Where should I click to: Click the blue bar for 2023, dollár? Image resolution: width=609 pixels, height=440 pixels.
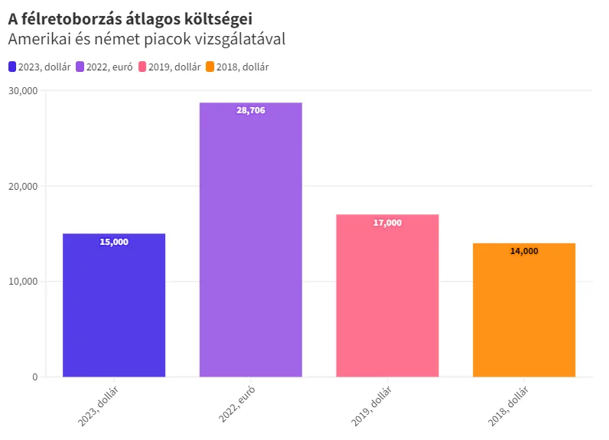pyautogui.click(x=114, y=306)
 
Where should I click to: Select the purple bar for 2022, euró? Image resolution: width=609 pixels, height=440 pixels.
pyautogui.click(x=251, y=245)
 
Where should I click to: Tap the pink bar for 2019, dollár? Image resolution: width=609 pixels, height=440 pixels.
pyautogui.click(x=387, y=298)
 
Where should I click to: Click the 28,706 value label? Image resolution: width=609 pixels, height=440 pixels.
pyautogui.click(x=251, y=111)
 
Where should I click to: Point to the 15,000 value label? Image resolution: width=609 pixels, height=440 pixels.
pyautogui.click(x=114, y=242)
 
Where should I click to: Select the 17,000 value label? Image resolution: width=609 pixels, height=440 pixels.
pyautogui.click(x=387, y=223)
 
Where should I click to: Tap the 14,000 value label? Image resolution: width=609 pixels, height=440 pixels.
pyautogui.click(x=524, y=251)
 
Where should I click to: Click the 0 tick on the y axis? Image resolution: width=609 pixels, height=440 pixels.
pyautogui.click(x=34, y=376)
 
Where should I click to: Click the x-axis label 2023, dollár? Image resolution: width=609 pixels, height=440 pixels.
pyautogui.click(x=98, y=408)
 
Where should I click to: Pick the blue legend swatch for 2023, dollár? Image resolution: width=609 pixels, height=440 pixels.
pyautogui.click(x=12, y=67)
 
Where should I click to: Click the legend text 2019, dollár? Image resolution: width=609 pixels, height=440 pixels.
pyautogui.click(x=174, y=67)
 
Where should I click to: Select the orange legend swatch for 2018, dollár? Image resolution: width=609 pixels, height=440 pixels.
pyautogui.click(x=210, y=67)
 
